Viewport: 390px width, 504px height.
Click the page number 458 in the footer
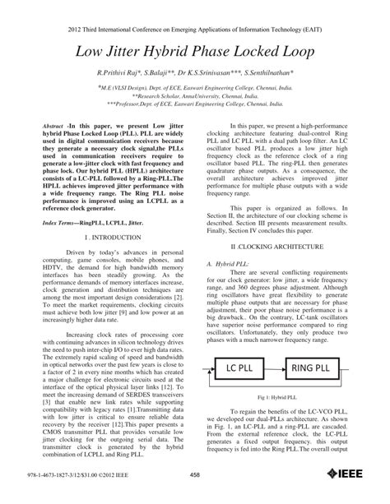click(x=195, y=495)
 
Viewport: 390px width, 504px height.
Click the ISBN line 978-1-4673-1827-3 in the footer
click(x=71, y=495)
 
